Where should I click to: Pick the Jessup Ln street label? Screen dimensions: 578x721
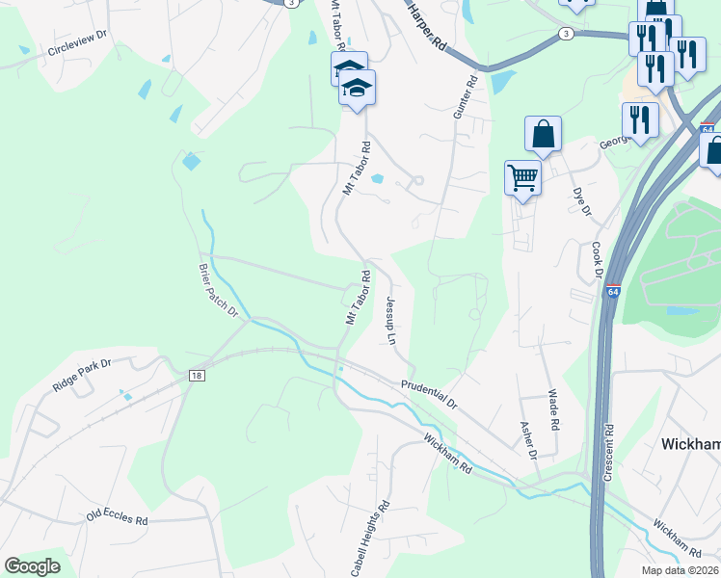coord(390,321)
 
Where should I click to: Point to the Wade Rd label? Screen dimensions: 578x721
coord(554,408)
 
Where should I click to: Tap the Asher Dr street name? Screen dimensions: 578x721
coord(527,439)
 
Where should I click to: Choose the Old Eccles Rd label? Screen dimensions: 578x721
coord(117,516)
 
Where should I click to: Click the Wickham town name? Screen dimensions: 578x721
coord(691,443)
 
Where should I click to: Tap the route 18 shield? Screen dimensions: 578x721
coord(197,376)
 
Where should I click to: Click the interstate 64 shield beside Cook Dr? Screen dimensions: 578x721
coord(613,292)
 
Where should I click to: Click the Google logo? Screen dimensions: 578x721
coord(32,565)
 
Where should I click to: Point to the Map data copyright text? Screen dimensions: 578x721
coord(681,570)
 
